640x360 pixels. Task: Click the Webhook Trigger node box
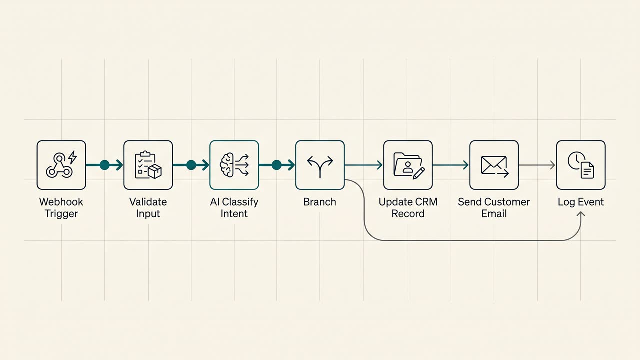coord(61,165)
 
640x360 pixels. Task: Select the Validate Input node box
coord(148,165)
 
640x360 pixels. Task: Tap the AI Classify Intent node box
coord(234,165)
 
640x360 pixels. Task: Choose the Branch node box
coord(320,165)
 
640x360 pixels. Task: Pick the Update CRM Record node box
coord(408,165)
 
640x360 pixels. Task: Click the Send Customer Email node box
coord(494,165)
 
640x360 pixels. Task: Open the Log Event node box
coord(581,165)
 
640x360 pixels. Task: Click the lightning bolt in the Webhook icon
coord(72,157)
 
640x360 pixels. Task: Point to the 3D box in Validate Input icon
coord(155,171)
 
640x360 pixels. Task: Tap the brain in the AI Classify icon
coord(227,165)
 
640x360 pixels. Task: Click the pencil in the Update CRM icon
coord(419,173)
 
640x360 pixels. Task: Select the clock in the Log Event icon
coord(576,161)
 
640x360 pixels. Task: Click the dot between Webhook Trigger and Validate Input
coord(105,165)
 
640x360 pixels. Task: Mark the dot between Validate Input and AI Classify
coord(191,165)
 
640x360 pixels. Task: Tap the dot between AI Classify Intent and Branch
coord(277,165)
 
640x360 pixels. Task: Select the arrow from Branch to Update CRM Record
coord(363,165)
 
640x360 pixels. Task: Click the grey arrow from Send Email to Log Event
coord(537,165)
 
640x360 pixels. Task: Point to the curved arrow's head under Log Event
coord(581,213)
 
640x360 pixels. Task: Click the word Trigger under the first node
coord(61,214)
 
